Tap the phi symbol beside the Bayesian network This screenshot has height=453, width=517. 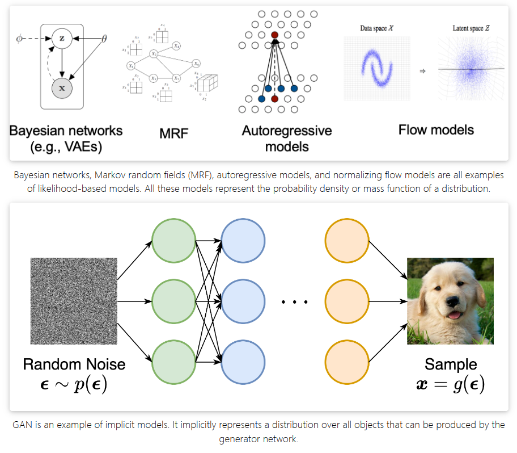tap(19, 39)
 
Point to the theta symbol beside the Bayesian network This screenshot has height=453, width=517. tap(104, 39)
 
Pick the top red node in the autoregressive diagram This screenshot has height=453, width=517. tap(275, 35)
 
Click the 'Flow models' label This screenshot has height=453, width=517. tap(436, 129)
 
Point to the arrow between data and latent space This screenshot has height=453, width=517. tap(422, 71)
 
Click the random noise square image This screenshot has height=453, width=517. tap(74, 301)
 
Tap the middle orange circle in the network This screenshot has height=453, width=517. tap(347, 301)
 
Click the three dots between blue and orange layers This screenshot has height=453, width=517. tap(295, 302)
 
